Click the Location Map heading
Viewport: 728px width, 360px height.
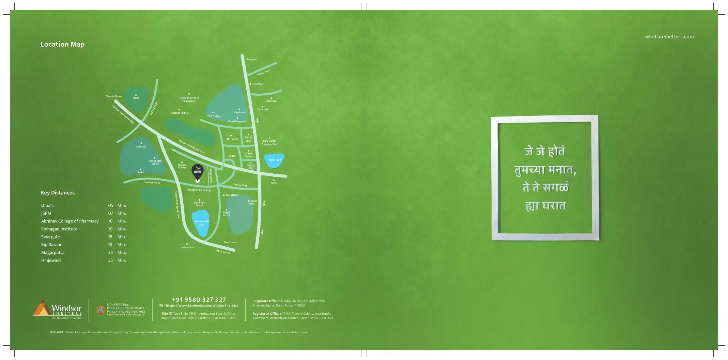click(x=62, y=44)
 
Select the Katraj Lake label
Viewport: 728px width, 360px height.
click(x=275, y=160)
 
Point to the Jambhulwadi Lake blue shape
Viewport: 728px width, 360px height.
click(x=201, y=223)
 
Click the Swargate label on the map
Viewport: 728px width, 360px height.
click(x=251, y=60)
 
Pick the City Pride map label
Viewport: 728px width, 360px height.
click(x=257, y=84)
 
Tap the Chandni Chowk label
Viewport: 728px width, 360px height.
click(x=114, y=96)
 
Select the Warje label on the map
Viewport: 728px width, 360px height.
click(x=136, y=98)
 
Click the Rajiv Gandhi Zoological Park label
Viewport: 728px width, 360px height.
click(x=269, y=142)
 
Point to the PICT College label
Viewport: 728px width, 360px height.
click(x=214, y=116)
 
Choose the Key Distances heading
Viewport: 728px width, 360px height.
click(x=58, y=193)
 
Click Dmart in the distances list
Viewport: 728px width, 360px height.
click(x=47, y=205)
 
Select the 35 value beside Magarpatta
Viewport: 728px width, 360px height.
click(x=110, y=252)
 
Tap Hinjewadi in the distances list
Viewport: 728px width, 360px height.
click(x=51, y=260)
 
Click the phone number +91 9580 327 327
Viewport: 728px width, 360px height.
click(x=199, y=300)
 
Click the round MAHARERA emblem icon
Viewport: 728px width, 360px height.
click(x=100, y=310)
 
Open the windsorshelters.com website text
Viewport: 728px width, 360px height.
click(x=669, y=37)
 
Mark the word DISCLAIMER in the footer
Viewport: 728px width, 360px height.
click(x=57, y=332)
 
